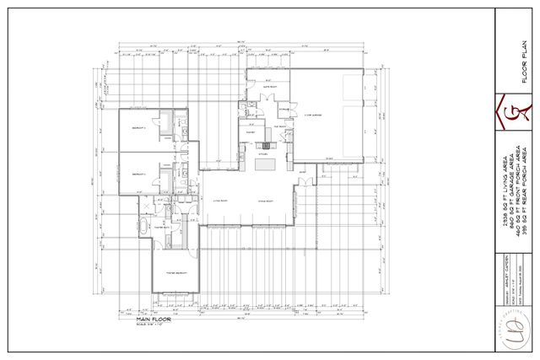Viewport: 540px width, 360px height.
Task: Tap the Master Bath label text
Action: click(x=163, y=228)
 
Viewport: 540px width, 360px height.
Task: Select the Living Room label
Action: click(x=222, y=201)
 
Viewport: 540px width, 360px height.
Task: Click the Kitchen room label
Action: click(x=262, y=153)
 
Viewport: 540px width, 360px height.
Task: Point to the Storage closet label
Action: click(x=285, y=108)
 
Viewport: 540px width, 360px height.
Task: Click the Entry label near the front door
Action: click(x=302, y=170)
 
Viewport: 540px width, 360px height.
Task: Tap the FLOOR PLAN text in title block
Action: click(x=525, y=62)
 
